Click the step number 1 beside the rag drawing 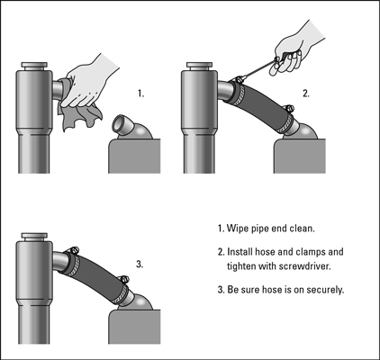click(x=140, y=94)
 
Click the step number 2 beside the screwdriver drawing click(x=305, y=94)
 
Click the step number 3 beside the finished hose click(x=140, y=265)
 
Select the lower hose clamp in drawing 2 click(x=286, y=121)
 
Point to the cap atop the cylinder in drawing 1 click(x=34, y=67)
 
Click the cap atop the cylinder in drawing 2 click(x=199, y=67)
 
